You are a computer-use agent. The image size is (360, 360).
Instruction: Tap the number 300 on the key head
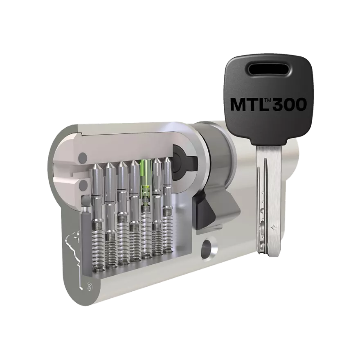290,104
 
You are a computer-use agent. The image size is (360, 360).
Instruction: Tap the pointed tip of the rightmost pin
167,159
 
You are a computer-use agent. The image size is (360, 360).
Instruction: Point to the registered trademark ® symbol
88,286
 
